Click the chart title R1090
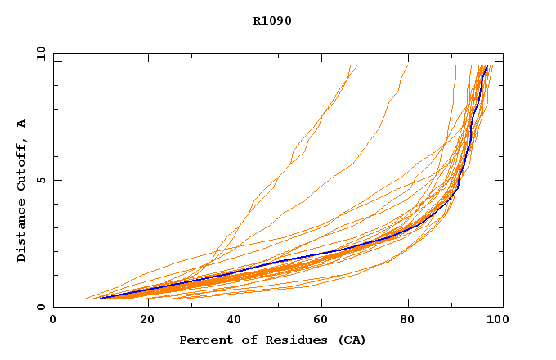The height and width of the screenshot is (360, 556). pos(272,20)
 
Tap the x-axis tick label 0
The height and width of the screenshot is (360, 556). pos(53,321)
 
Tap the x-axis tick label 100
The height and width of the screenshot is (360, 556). pos(495,321)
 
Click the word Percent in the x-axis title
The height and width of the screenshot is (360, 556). pos(204,340)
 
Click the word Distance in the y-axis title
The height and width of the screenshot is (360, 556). pos(21,232)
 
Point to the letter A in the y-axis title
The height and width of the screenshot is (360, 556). pos(21,124)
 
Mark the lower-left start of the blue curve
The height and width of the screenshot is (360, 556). pos(101,298)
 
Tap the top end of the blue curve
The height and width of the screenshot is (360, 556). pos(487,66)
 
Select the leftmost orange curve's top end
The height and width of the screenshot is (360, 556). pos(350,66)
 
